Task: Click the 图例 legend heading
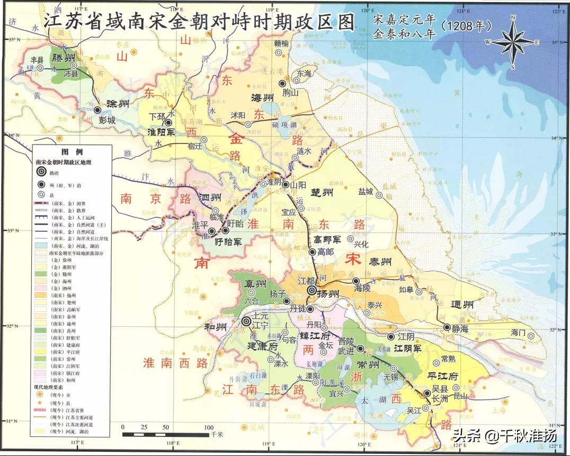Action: pyautogui.click(x=72, y=151)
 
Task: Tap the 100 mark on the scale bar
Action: pyautogui.click(x=209, y=427)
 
